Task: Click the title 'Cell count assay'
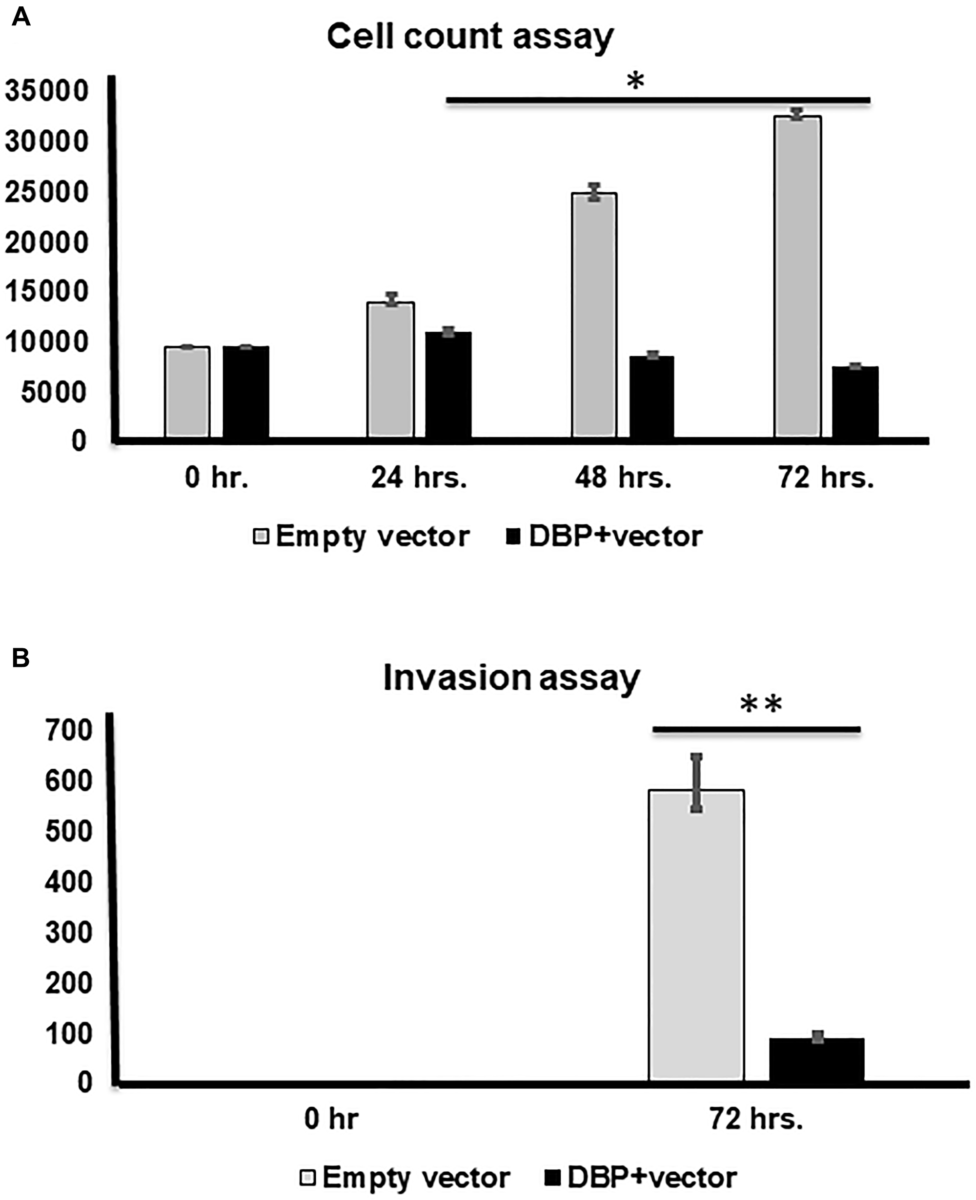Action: (x=470, y=37)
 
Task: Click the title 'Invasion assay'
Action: (x=511, y=679)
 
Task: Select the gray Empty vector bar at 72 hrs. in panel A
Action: (x=797, y=276)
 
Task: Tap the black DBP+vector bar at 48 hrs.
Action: (x=651, y=397)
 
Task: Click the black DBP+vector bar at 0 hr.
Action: (x=245, y=392)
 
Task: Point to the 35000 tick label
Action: (x=47, y=91)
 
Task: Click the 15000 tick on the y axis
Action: (x=47, y=292)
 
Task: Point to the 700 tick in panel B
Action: (x=68, y=731)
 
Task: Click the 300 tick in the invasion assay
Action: (x=68, y=933)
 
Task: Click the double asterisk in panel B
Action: (x=761, y=705)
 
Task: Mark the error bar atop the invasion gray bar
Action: (x=696, y=783)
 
